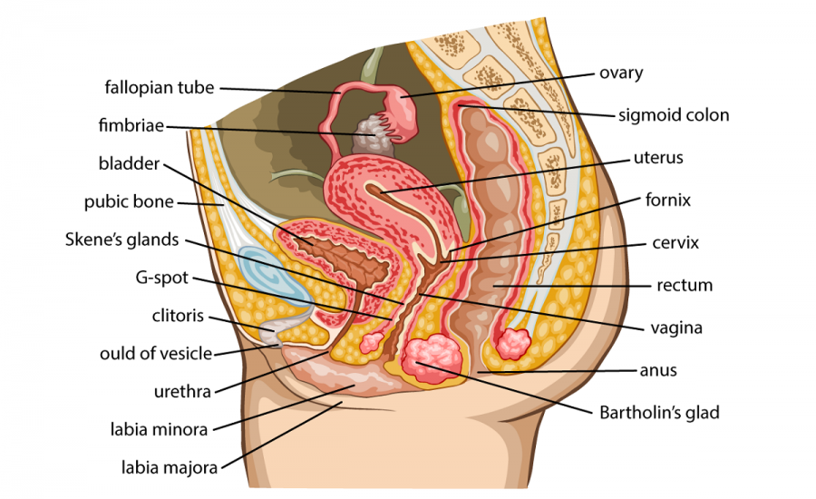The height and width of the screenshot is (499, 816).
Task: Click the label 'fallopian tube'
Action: (x=160, y=88)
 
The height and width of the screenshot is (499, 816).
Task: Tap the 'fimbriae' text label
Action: (x=131, y=126)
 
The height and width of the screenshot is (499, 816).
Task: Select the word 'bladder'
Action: (x=129, y=164)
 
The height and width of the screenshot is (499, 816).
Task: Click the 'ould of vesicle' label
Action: (x=156, y=354)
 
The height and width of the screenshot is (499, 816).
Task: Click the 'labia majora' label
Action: (x=170, y=468)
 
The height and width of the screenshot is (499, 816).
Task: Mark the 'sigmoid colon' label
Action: (x=674, y=115)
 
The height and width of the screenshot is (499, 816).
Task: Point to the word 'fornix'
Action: (x=668, y=200)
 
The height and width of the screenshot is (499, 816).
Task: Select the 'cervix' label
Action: (x=675, y=243)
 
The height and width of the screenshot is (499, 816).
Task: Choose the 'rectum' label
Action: (x=685, y=285)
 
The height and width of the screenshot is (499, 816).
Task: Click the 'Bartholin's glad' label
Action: (x=659, y=413)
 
